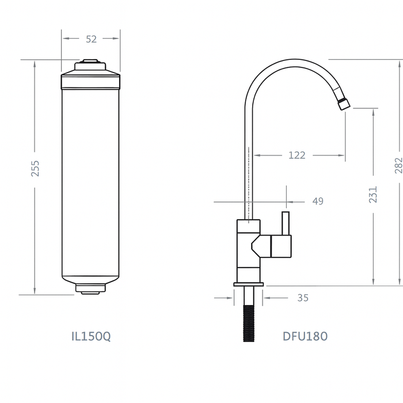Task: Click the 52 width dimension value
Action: click(91, 39)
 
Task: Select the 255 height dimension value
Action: click(35, 168)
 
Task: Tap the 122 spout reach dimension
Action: click(296, 155)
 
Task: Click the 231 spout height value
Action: click(373, 194)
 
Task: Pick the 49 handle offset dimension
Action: click(317, 201)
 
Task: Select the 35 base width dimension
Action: click(303, 298)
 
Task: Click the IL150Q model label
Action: click(90, 336)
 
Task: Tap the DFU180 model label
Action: click(305, 336)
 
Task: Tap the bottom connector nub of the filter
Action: click(90, 290)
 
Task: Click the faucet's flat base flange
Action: click(249, 284)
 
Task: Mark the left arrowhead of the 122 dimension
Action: click(257, 155)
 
